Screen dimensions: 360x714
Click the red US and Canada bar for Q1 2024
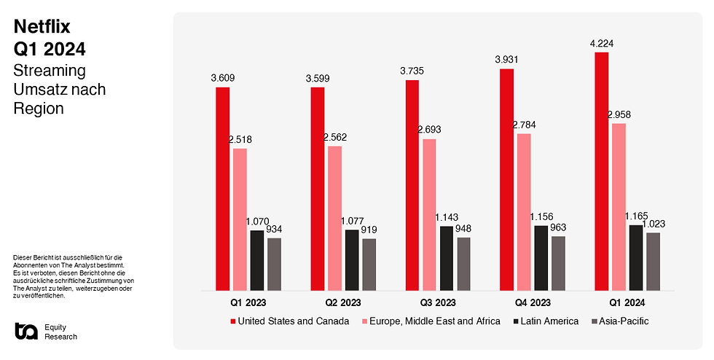click(601, 171)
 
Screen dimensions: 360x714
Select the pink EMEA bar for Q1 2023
click(240, 219)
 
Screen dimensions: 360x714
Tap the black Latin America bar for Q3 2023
click(446, 258)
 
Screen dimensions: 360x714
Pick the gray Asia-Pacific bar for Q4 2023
click(558, 263)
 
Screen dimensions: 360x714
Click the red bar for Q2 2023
click(317, 189)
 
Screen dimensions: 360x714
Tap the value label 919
click(369, 230)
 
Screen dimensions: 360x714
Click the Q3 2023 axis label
click(437, 302)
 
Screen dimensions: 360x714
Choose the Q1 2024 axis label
click(627, 302)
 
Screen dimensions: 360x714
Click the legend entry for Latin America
click(545, 321)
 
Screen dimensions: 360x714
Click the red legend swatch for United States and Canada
click(233, 321)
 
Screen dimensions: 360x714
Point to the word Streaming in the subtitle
click(50, 71)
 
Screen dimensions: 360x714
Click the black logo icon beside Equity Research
click(25, 331)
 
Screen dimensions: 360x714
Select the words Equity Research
click(60, 332)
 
